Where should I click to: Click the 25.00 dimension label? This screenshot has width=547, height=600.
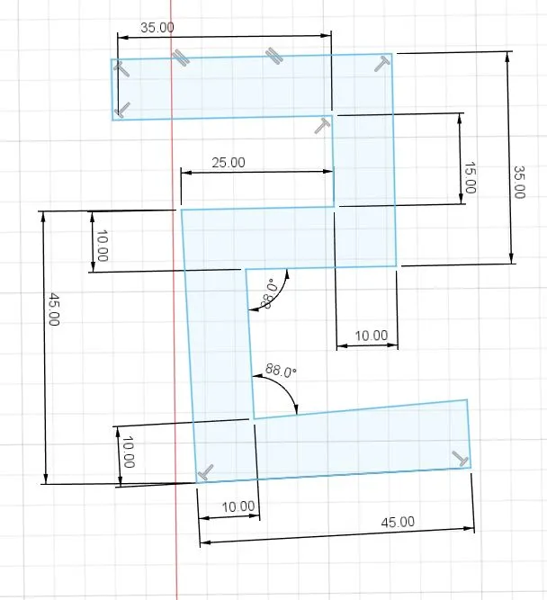[229, 162]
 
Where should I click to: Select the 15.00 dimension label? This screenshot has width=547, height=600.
[470, 177]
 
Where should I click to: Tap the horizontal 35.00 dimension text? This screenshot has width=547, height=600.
[157, 28]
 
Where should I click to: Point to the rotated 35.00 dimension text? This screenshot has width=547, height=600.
[519, 182]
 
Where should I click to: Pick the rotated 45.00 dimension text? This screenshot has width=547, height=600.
[53, 309]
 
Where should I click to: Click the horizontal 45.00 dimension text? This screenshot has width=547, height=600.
[398, 522]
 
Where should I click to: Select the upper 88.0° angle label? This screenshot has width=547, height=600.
[268, 294]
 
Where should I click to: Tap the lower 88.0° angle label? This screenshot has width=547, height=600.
[281, 371]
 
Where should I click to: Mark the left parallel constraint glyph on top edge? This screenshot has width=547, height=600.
[180, 57]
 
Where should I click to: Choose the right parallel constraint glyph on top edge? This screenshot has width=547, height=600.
[274, 56]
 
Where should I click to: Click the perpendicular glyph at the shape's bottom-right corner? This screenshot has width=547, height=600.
[461, 459]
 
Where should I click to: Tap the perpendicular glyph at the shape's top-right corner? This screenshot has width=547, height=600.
[382, 64]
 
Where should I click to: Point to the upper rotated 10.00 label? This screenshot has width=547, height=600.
[103, 246]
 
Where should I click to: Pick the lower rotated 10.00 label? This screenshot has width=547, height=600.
[129, 452]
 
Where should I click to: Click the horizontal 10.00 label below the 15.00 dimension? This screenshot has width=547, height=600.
[372, 336]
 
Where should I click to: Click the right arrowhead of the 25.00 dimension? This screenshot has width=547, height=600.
[328, 172]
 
